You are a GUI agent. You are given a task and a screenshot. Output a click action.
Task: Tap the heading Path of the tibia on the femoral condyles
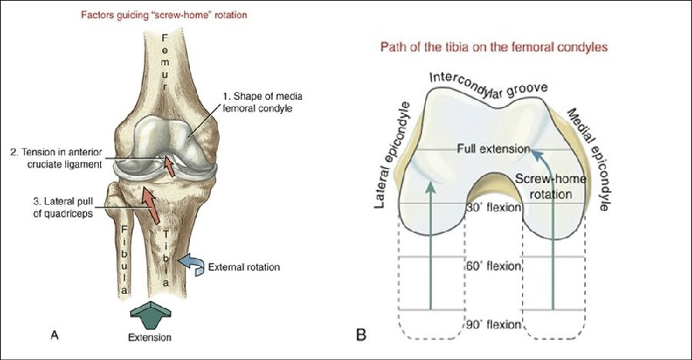point(495,48)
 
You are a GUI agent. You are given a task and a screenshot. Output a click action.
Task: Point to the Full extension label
point(494,148)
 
